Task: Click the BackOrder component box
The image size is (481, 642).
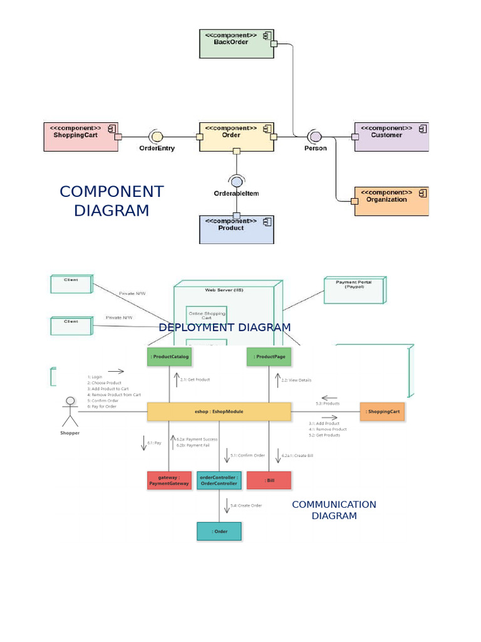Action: coord(237,44)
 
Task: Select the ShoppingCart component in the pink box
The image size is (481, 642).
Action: coord(81,137)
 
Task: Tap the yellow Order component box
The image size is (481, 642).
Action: coord(236,137)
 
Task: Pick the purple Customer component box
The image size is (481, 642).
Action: coord(391,137)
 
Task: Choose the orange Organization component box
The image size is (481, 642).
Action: coord(391,201)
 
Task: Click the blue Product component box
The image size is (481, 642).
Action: coord(236,229)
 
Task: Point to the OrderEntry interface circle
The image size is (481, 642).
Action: coord(157,136)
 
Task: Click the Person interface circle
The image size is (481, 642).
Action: coord(315,136)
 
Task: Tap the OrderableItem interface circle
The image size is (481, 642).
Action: coord(236,182)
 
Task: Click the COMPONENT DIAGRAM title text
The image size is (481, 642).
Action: coord(111,201)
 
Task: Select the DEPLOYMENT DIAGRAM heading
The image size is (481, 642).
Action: coord(224,327)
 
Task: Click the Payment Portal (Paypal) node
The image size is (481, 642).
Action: coord(354,290)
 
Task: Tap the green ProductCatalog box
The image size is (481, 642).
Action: coord(169,357)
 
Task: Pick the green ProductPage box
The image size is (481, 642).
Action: coord(269,357)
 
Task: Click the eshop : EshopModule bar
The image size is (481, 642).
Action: coord(219,411)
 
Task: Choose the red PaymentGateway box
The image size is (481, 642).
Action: coord(169,480)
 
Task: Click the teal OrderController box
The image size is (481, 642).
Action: coord(219,480)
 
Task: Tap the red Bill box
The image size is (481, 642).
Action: coord(269,480)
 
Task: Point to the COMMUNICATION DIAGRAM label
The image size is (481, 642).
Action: coord(334,510)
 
